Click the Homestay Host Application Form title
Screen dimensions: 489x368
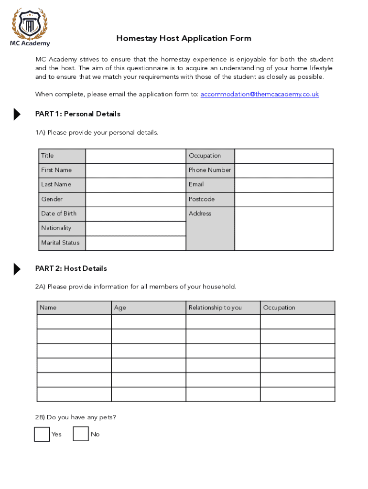184,39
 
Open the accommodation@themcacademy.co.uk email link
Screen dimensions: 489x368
260,95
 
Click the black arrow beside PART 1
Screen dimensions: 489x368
17,114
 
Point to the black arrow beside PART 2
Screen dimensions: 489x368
17,269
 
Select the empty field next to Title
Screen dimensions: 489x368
135,156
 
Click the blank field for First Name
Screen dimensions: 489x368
135,170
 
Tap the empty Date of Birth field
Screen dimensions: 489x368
135,214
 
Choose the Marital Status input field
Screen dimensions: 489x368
135,243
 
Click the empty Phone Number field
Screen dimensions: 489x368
284,170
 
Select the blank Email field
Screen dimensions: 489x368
284,185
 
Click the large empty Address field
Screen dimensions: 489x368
284,228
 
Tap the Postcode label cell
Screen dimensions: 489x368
210,200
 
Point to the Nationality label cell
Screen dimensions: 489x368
62,228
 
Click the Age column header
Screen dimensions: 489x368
148,308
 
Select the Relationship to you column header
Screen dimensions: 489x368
223,308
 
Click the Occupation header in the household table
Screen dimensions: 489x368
297,308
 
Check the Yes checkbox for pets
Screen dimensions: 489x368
42,434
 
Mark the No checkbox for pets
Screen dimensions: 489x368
81,434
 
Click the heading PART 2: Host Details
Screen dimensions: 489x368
71,269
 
